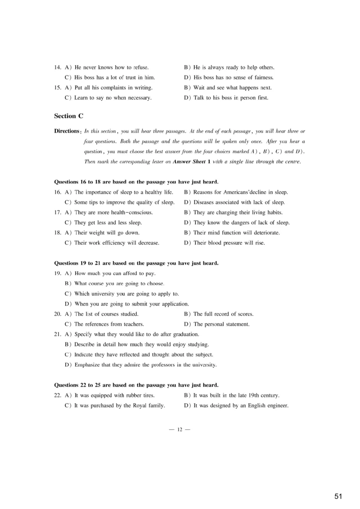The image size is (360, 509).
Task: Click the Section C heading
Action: [68, 116]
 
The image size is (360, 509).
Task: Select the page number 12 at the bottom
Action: [180, 430]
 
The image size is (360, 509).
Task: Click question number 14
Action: [58, 67]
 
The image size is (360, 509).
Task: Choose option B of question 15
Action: [228, 88]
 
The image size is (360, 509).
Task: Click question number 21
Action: [58, 334]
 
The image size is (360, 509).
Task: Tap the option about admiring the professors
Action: [141, 365]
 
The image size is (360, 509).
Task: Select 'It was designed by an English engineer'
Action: [236, 405]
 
